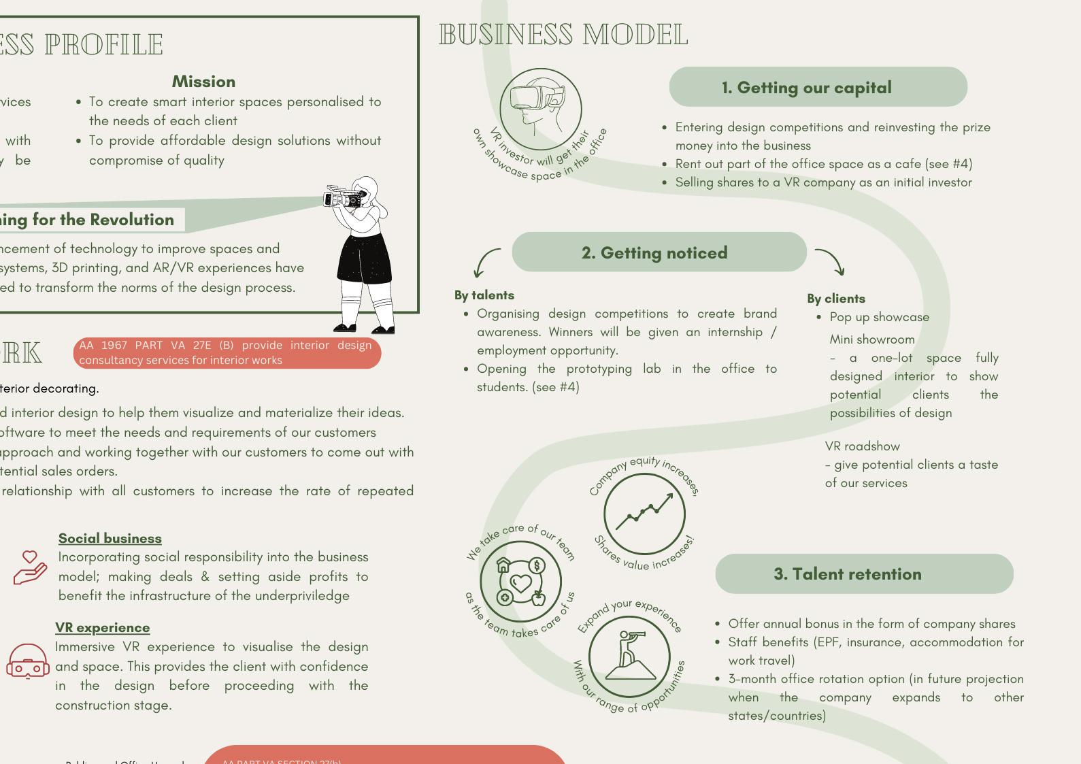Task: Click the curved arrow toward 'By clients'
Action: coord(831,261)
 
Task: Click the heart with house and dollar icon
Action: coord(520,581)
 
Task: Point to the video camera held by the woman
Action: coord(345,197)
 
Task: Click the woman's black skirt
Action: coord(365,259)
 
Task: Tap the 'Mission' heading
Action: coord(203,82)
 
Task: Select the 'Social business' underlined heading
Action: coord(110,538)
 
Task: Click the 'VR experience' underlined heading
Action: coord(103,627)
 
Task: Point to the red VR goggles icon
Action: coord(28,662)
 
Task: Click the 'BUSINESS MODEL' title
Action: coord(563,35)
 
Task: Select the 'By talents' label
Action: coord(484,295)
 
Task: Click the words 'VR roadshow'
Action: coord(862,446)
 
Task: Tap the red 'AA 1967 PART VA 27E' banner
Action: coord(227,352)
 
